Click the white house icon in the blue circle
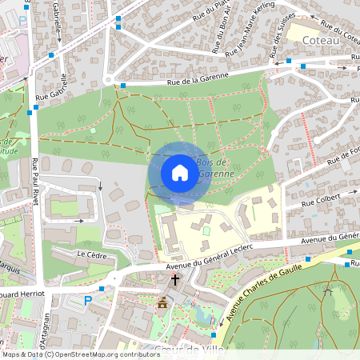[x=179, y=173]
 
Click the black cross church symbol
[x=175, y=279]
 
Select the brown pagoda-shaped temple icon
[x=162, y=303]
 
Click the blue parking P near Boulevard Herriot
[x=88, y=301]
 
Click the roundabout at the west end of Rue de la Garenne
[x=108, y=79]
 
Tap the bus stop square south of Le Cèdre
[x=102, y=288]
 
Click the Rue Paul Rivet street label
[x=35, y=183]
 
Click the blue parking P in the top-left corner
[x=22, y=20]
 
